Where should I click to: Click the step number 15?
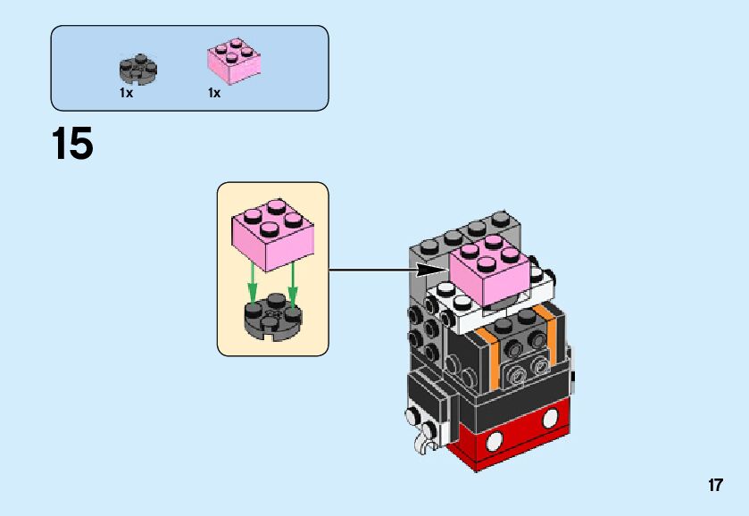(72, 145)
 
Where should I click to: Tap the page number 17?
(714, 486)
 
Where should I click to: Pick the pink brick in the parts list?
(234, 62)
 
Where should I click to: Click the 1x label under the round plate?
(126, 93)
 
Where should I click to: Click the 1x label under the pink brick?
(214, 93)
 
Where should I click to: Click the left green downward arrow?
(253, 284)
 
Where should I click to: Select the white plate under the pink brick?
(455, 308)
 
